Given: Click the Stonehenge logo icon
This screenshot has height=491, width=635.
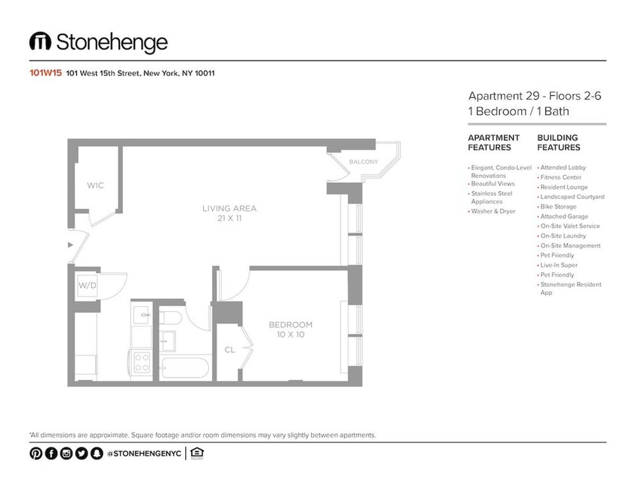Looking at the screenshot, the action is [40, 41].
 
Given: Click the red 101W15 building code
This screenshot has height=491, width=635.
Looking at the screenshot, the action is [46, 73].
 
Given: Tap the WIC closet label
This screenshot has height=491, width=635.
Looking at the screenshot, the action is [95, 185].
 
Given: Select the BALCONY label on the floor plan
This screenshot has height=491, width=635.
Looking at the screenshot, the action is [364, 162].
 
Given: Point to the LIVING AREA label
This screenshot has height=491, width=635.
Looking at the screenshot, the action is [230, 209].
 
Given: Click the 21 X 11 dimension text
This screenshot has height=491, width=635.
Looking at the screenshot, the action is [230, 218].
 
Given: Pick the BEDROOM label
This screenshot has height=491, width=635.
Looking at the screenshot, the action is [291, 325].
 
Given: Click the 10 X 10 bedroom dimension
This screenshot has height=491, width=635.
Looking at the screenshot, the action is [291, 335].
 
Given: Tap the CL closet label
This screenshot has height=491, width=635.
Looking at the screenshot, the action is [230, 350].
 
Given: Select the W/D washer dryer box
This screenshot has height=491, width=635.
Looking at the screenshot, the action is [87, 285].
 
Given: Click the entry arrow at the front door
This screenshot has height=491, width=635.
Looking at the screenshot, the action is [70, 245].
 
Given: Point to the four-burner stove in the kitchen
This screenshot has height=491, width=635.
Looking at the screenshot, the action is [142, 362].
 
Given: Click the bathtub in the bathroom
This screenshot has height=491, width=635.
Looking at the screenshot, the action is [185, 368].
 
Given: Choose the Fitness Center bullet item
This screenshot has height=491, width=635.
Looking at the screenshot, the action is [560, 177].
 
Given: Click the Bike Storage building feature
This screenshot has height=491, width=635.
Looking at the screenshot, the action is [558, 207].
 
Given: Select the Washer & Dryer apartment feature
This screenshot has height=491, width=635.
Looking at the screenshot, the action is [493, 211].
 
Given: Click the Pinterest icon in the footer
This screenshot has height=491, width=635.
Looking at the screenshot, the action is [36, 453].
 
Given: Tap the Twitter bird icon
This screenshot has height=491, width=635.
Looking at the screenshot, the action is [81, 453].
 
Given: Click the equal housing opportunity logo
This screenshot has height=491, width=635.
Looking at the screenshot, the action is [197, 453].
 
